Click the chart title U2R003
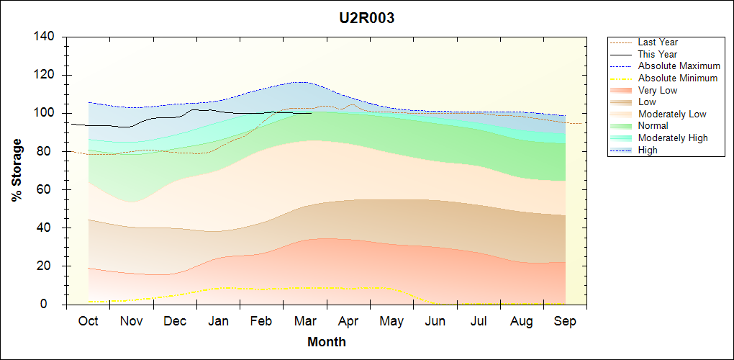367,18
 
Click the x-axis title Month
327,342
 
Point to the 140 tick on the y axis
47,37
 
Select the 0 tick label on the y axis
54,305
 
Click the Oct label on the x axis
88,321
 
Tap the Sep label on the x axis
565,321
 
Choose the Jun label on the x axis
435,321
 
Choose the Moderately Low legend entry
672,114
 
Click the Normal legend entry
653,126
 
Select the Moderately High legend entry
673,138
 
